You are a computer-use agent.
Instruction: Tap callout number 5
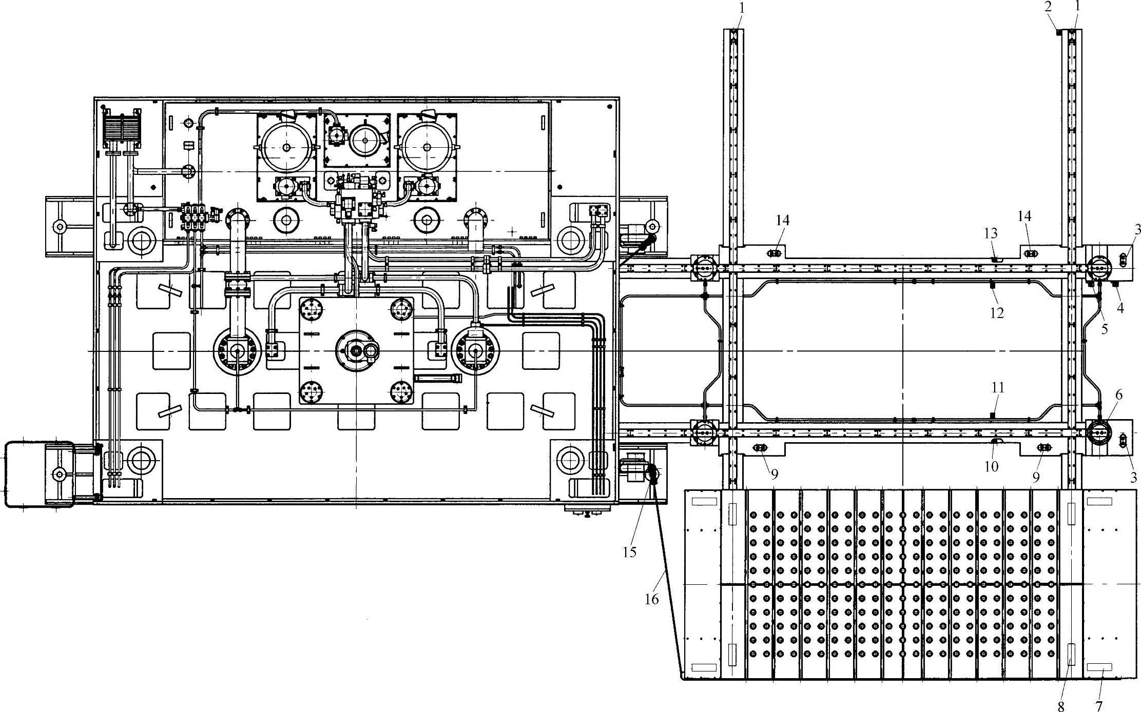tap(1105, 329)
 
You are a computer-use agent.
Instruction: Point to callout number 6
tap(1119, 395)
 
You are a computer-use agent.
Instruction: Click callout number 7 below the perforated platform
tap(1099, 706)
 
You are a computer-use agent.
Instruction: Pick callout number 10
tap(991, 466)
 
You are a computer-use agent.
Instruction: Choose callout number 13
tap(991, 234)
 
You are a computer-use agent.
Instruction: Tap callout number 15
tap(630, 552)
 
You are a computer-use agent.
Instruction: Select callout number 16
tap(651, 599)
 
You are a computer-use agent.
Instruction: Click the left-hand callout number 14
tap(782, 221)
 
